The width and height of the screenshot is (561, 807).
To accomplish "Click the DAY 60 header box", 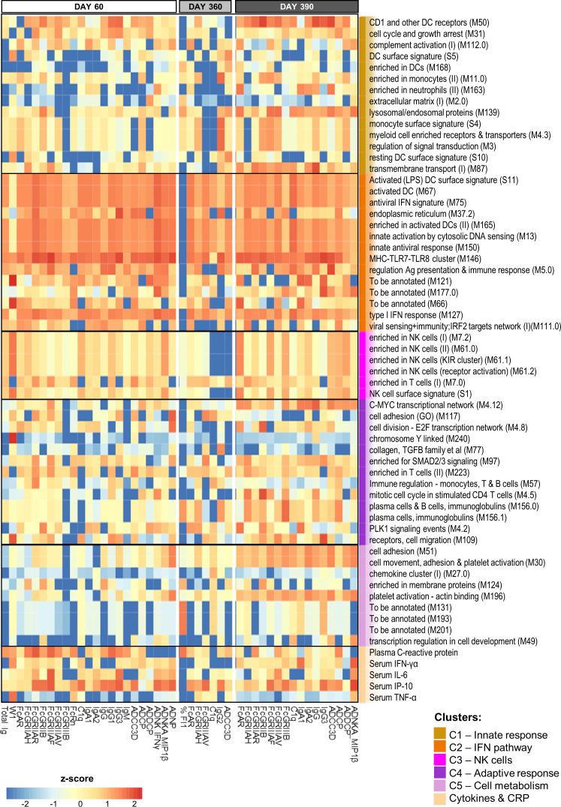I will pyautogui.click(x=88, y=7).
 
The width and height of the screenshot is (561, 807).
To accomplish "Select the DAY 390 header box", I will pyautogui.click(x=296, y=7).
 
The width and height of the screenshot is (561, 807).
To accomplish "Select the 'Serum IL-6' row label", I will pyautogui.click(x=394, y=675).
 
